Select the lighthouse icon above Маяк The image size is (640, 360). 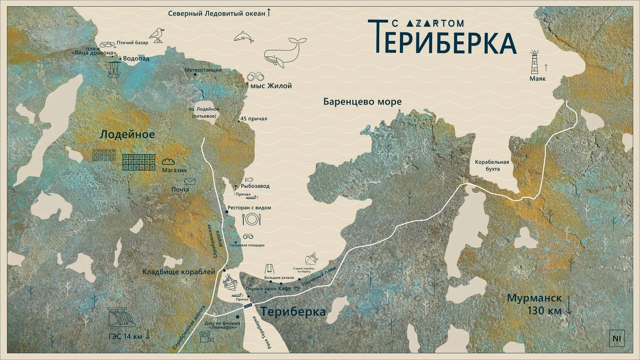pos(534,63)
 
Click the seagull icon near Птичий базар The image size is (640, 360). pos(156,35)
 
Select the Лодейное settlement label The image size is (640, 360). pos(127,135)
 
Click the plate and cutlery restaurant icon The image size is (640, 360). pos(251,219)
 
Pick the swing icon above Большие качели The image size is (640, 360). pos(270,269)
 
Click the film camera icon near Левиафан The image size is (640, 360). pos(205,337)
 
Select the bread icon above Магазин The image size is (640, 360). pos(169,161)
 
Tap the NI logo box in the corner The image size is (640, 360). pos(617,338)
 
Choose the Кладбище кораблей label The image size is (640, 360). pos(179,272)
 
